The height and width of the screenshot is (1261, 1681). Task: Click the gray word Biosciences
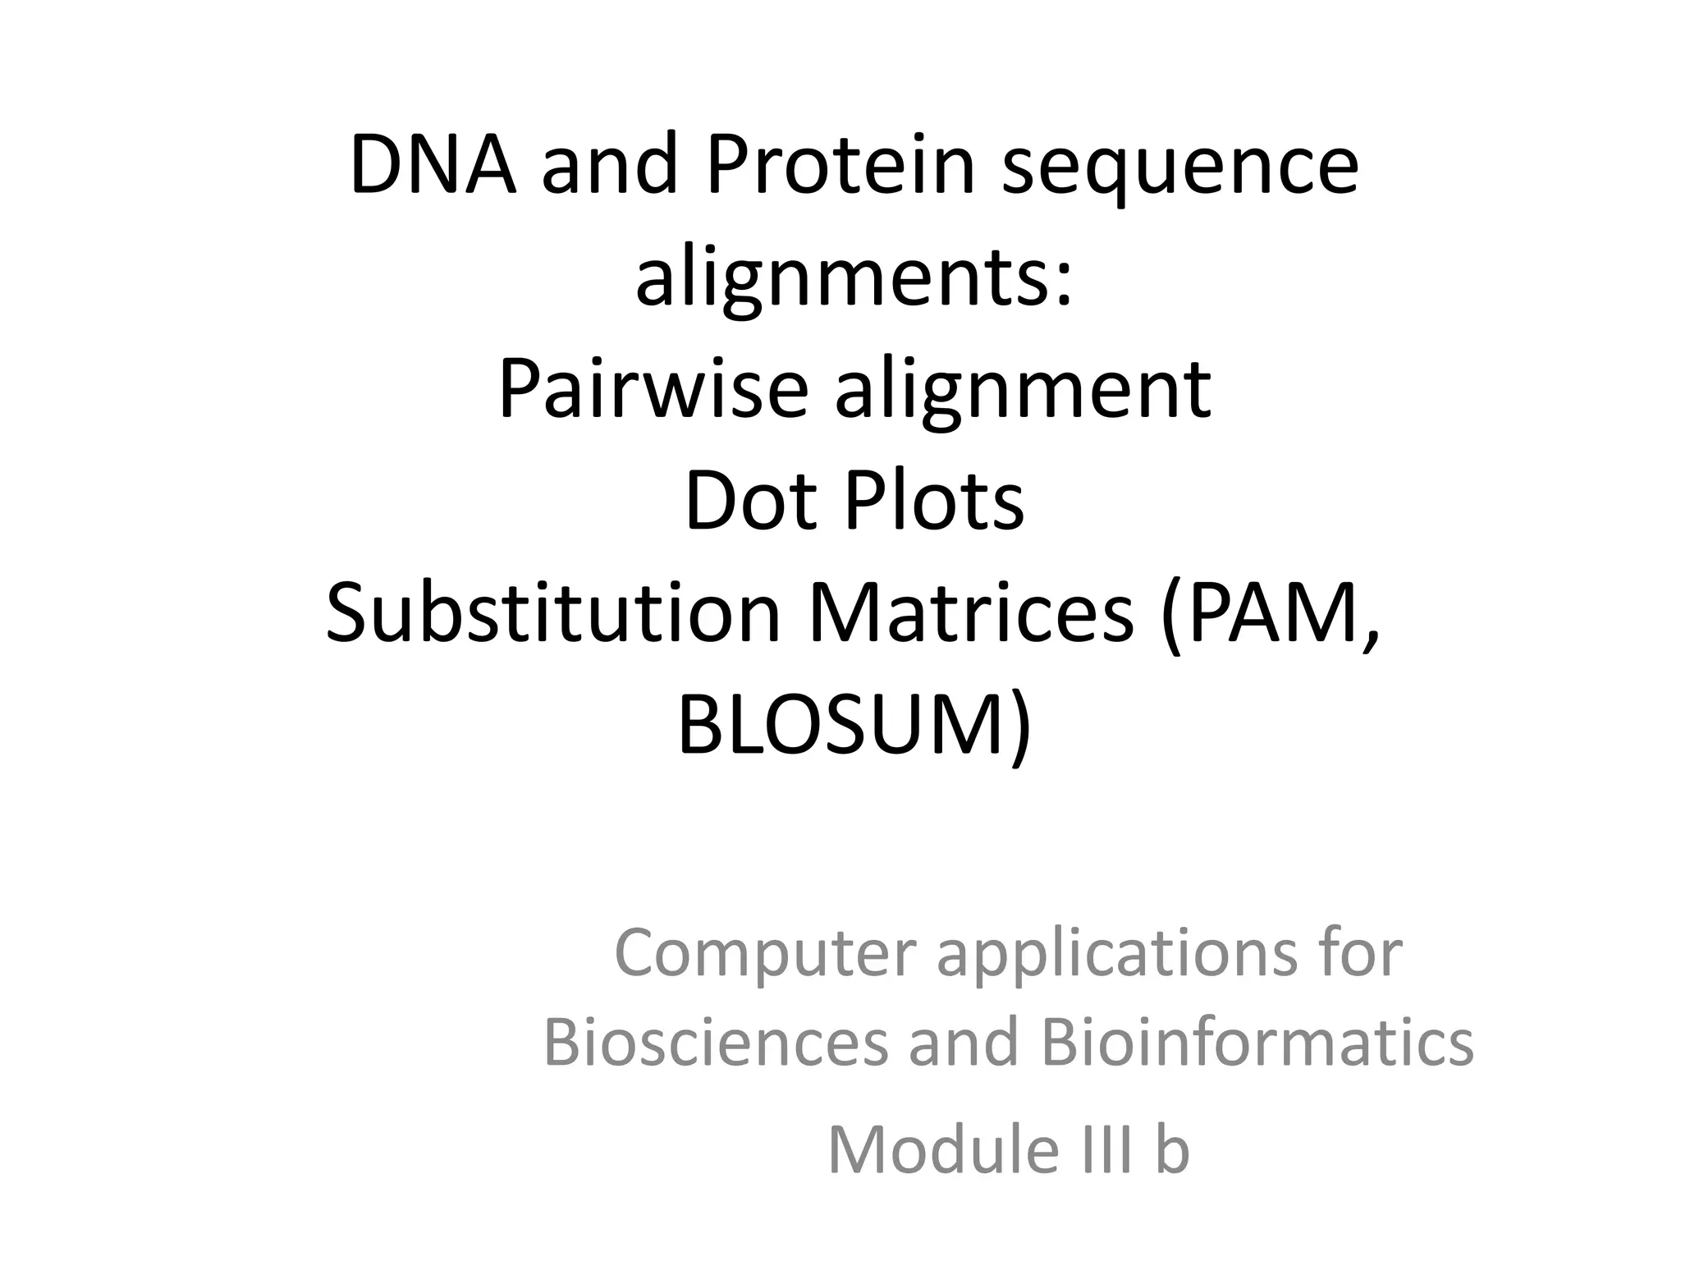tap(716, 1043)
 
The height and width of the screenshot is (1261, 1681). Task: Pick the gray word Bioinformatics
tap(1257, 1043)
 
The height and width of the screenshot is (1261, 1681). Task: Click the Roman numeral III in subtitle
tap(1104, 1150)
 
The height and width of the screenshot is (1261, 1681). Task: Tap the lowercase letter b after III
tap(1172, 1150)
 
